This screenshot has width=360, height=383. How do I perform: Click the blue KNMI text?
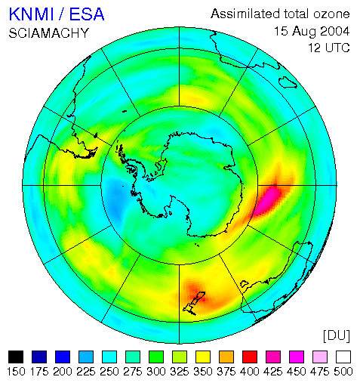(32, 14)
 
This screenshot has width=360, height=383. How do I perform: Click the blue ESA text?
(87, 14)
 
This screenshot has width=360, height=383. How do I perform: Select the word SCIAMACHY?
(49, 33)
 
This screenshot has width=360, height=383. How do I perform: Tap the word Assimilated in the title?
(245, 14)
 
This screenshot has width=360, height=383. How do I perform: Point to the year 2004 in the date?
(334, 31)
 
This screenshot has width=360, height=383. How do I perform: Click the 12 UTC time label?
(329, 48)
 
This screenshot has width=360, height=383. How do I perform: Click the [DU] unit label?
(337, 335)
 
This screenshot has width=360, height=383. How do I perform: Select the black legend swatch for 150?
(16, 357)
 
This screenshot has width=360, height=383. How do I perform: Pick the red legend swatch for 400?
(250, 357)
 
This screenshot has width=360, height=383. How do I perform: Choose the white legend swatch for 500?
(343, 357)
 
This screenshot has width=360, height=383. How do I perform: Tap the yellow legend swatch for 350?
(203, 357)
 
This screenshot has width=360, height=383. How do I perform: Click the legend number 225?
(86, 372)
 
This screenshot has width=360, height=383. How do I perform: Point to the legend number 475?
(320, 372)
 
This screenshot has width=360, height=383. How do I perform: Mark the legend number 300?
(156, 372)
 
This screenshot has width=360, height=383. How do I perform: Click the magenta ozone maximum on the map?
(269, 199)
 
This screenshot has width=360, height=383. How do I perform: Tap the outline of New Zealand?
(194, 303)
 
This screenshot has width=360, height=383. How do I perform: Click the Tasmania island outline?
(244, 284)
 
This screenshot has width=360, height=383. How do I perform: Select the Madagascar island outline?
(288, 82)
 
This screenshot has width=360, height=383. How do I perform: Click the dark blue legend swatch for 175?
(39, 357)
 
